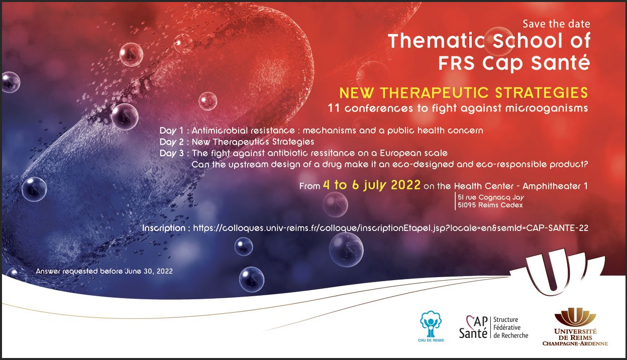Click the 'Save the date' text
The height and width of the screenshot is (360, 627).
[x=556, y=24]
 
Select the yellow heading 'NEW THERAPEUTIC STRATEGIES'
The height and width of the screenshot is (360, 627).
[x=464, y=93]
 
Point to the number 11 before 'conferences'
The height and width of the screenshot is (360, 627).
[x=334, y=108]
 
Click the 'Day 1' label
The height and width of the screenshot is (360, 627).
[x=171, y=131]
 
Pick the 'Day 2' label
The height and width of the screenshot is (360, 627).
[x=172, y=142]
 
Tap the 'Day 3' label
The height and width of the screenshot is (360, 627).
[x=172, y=154]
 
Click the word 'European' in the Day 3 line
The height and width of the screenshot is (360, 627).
[x=399, y=154]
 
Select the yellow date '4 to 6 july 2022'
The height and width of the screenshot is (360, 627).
[x=372, y=185]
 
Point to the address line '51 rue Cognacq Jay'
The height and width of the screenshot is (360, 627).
[x=491, y=197]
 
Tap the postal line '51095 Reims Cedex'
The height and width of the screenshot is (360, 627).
[x=490, y=205]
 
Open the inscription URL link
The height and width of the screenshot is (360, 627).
[x=390, y=228]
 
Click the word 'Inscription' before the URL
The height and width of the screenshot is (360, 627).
[x=164, y=228]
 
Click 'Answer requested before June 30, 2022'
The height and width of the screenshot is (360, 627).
[x=104, y=271]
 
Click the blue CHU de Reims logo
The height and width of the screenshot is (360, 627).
[x=431, y=327]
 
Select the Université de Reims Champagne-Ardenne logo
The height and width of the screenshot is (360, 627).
[x=575, y=327]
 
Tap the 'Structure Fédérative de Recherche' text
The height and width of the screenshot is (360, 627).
[x=510, y=327]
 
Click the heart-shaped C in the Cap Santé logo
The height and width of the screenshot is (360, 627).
[x=470, y=321]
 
